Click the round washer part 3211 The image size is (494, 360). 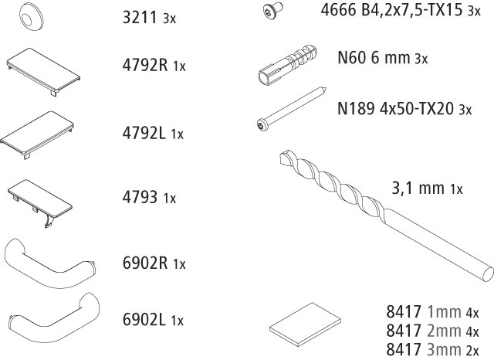coord(31,17)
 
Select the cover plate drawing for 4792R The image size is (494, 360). coord(43,72)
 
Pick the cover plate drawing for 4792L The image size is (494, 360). coord(37,134)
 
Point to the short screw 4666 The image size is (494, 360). coord(272,10)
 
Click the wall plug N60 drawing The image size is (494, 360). coord(288,64)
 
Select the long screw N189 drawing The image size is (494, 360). coord(291,109)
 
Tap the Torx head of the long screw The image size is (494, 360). coord(262,125)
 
